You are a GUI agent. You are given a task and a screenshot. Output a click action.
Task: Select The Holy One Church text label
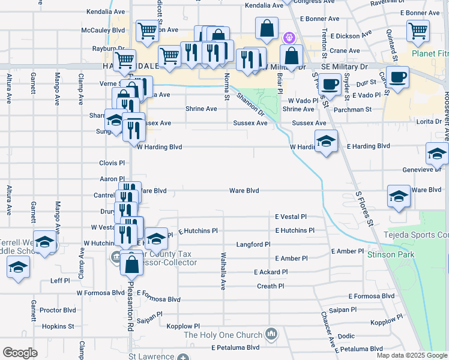[x=223, y=335]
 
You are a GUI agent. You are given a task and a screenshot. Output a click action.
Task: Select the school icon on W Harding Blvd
[x=326, y=142]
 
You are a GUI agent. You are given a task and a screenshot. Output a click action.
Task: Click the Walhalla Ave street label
[x=223, y=271]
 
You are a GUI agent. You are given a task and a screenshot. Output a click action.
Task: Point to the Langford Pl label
[x=253, y=245]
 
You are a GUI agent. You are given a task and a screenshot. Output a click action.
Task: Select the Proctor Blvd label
[x=58, y=310]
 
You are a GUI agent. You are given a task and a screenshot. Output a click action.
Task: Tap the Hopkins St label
[x=58, y=326]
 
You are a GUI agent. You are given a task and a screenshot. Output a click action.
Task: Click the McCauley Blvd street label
[x=103, y=29]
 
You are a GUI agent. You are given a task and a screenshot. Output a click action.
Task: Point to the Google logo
[x=20, y=353]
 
